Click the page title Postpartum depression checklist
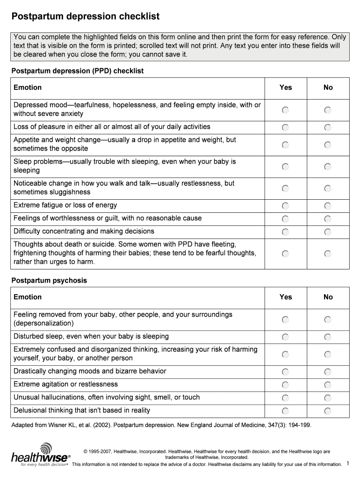[86, 17]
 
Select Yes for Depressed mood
[285, 110]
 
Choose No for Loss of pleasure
[328, 127]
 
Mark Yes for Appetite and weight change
[285, 145]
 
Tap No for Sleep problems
[328, 167]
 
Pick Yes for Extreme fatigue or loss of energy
[285, 206]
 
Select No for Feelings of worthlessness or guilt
[328, 219]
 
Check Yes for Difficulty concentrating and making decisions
[285, 232]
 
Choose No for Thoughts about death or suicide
[328, 254]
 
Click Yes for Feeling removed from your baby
[285, 319]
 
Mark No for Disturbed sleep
[328, 337]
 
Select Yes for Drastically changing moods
[285, 372]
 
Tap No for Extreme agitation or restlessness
[328, 385]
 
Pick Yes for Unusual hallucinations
[285, 398]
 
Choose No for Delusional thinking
[328, 411]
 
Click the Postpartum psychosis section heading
[49, 281]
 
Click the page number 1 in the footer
[348, 463]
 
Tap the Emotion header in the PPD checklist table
[28, 87]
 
